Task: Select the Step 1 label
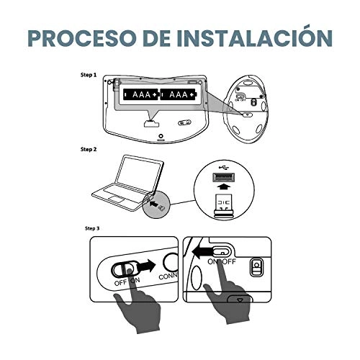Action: point(90,74)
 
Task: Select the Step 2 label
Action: point(90,150)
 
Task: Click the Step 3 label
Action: point(90,228)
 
